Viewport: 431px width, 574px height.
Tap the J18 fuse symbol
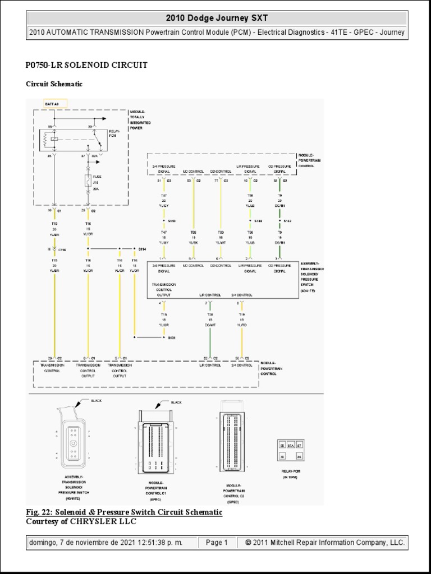tap(88, 180)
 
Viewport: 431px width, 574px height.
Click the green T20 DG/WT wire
tap(209, 336)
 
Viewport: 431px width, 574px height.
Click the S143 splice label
tap(172, 222)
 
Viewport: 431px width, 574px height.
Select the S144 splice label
tap(258, 222)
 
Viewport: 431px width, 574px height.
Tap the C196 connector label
tap(62, 250)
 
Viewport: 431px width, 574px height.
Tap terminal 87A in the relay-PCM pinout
tap(291, 446)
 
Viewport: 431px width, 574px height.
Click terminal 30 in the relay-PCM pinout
tap(282, 456)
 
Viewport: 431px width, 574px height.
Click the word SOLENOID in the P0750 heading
tap(79, 65)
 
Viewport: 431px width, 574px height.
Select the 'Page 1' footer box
tap(216, 543)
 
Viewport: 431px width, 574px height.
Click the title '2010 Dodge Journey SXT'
tap(215, 18)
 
